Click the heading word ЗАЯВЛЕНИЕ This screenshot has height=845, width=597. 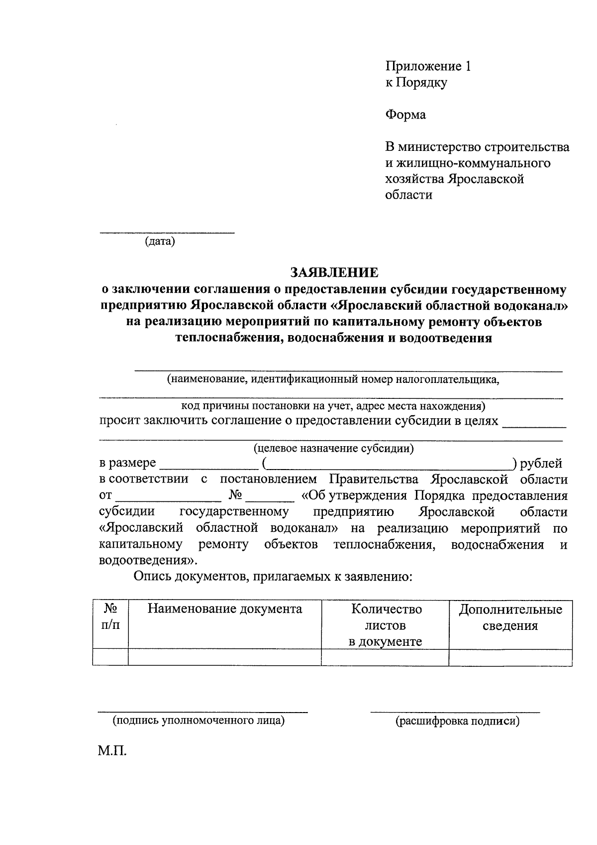point(334,272)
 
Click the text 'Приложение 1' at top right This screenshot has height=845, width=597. point(428,66)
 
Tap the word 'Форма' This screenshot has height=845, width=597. point(405,115)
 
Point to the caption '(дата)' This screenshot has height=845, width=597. point(160,242)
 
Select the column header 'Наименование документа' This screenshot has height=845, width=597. point(225,609)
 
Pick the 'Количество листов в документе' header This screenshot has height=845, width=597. point(386,625)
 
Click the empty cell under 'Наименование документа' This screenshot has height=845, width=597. point(225,657)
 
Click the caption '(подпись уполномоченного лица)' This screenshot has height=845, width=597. point(199,721)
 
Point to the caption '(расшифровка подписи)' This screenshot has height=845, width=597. point(457,721)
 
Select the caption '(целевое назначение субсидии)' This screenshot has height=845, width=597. point(334,448)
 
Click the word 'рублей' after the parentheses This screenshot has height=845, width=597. point(541,464)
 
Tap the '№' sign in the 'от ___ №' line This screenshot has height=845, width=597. point(235,496)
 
